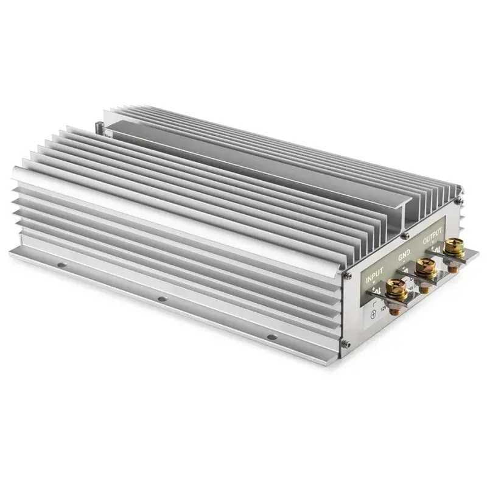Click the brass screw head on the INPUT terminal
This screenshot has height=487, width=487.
(396, 286)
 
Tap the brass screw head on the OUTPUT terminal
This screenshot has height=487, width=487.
(453, 245)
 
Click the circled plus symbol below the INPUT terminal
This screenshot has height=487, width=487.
(373, 314)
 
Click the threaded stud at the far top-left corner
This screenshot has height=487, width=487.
(99, 129)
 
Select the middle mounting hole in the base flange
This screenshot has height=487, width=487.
(161, 300)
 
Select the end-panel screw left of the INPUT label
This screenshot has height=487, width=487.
(346, 276)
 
